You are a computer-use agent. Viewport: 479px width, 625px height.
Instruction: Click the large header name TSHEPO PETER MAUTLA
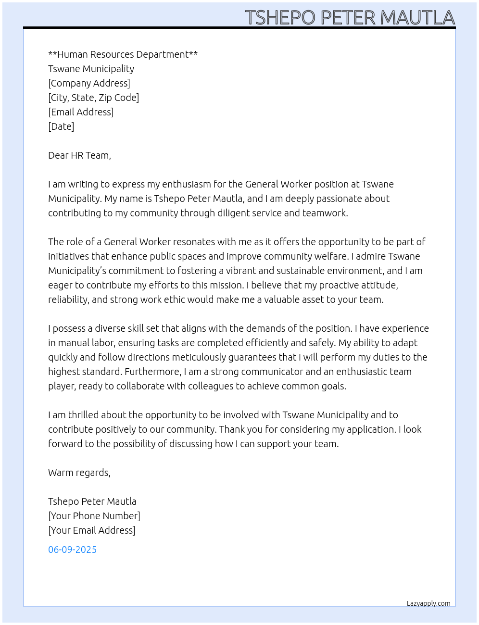click(350, 17)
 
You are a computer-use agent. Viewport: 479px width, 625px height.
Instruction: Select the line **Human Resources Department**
click(123, 54)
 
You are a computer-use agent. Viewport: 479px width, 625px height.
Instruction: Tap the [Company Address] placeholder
click(89, 83)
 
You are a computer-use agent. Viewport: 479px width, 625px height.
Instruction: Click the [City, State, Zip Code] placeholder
click(93, 98)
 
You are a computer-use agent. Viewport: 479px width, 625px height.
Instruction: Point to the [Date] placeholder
click(61, 126)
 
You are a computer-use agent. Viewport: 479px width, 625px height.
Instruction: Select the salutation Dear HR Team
click(79, 155)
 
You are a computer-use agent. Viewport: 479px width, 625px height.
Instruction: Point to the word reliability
click(68, 300)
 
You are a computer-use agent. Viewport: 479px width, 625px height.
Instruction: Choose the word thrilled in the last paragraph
click(82, 415)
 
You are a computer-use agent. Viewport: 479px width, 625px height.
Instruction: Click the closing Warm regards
click(79, 473)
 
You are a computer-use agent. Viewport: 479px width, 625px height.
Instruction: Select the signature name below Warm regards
click(92, 501)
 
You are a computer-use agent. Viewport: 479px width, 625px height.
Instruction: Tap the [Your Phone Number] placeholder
click(94, 516)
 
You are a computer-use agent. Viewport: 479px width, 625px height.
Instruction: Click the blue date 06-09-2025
click(72, 550)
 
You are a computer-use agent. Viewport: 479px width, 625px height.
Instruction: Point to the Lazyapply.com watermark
click(429, 603)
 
